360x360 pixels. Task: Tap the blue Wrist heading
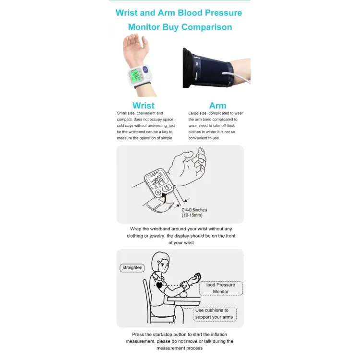[x=144, y=106]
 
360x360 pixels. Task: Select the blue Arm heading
[x=217, y=106]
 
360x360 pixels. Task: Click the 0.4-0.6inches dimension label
[x=194, y=210]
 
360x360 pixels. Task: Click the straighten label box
[x=132, y=268]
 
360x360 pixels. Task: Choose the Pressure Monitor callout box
[x=221, y=288]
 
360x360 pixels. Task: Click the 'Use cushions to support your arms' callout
[x=214, y=314]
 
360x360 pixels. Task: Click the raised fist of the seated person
[x=196, y=277]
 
